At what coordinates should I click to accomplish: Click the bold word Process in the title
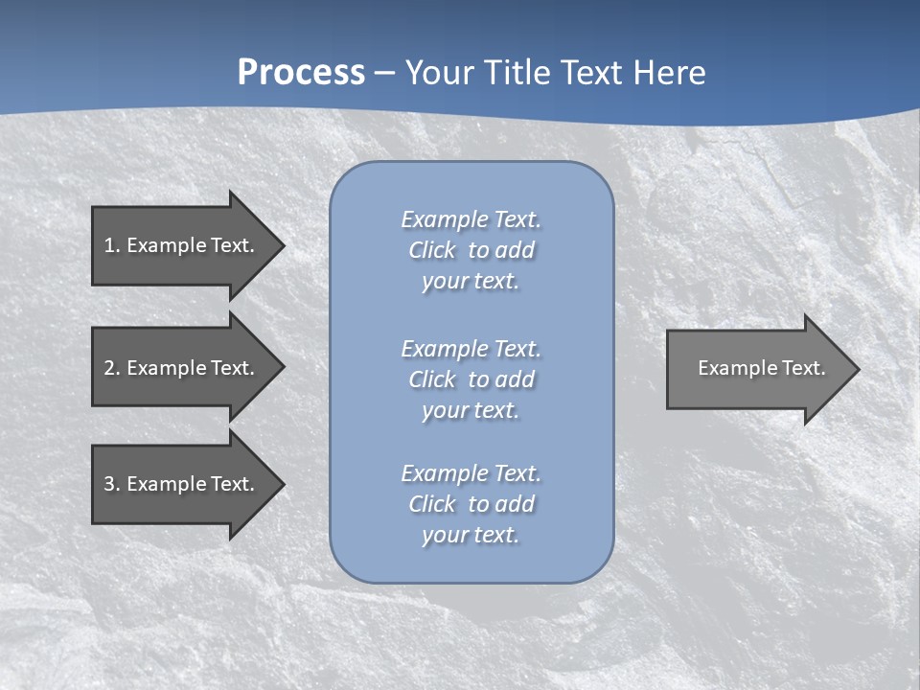[301, 73]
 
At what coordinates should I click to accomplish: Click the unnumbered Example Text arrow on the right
[757, 368]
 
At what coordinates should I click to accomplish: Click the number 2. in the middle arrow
[111, 368]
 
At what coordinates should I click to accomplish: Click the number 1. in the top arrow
[111, 245]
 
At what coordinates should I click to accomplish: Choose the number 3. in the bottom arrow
[111, 484]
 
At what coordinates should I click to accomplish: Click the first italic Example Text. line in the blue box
[471, 219]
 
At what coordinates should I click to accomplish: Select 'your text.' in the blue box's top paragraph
[471, 281]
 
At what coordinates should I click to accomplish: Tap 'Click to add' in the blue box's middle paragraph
[471, 379]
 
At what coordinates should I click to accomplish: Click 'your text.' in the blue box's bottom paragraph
[471, 535]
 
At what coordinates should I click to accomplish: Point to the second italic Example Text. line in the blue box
[471, 348]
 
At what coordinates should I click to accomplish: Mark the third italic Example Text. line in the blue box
[471, 473]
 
